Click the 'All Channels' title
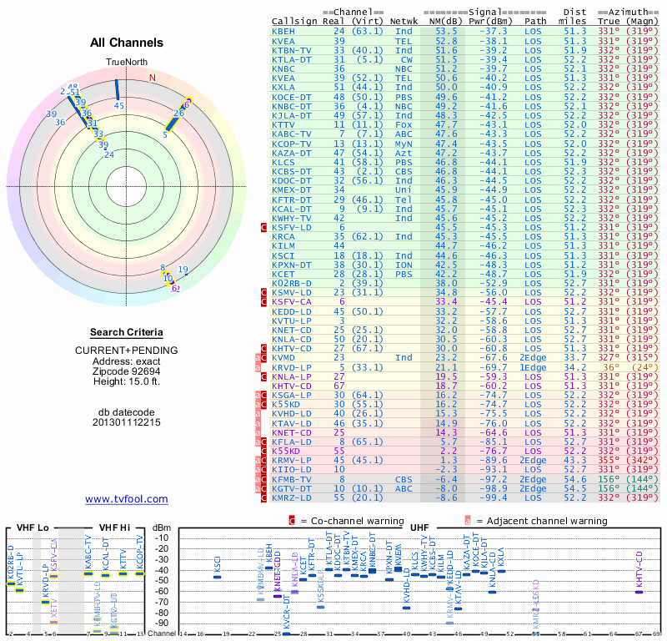(127, 43)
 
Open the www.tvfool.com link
(127, 499)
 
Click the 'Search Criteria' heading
(127, 331)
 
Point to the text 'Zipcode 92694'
(127, 370)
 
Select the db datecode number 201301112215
(127, 421)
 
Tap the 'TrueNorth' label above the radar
(126, 63)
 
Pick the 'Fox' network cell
(404, 124)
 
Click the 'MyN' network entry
(404, 144)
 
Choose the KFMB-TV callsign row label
(291, 479)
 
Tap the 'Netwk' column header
(404, 19)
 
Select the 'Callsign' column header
(294, 19)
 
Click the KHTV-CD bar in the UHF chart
(639, 591)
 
